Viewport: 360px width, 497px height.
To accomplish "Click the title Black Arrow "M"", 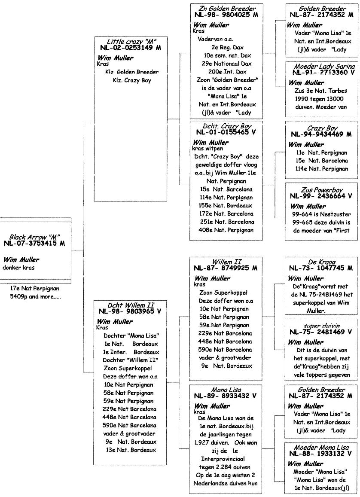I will (34, 237).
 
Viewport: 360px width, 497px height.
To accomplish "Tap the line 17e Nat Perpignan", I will (34, 289).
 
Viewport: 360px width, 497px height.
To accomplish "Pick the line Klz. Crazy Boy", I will (130, 80).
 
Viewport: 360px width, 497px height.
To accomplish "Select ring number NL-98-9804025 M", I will (225, 15).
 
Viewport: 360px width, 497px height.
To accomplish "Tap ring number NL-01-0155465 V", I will (225, 132).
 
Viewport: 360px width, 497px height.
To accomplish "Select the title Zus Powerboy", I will (321, 190).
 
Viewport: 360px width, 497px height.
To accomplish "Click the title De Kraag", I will (321, 261).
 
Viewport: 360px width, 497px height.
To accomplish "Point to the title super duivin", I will (321, 326).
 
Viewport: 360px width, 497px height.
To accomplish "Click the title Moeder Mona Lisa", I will (321, 447).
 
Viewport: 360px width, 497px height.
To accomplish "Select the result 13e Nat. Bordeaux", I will (130, 450).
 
